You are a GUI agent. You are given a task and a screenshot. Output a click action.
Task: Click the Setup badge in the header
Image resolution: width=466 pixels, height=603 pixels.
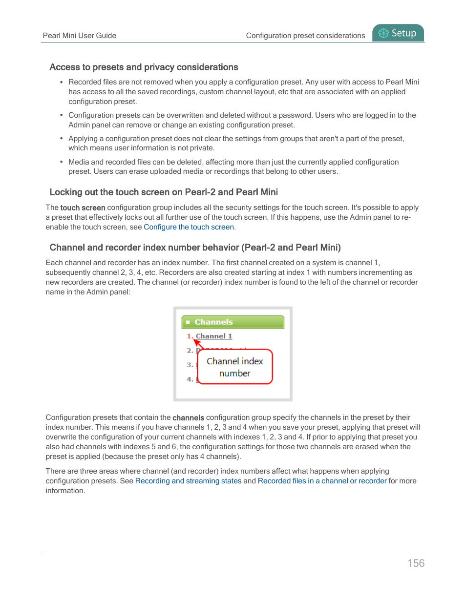click(398, 33)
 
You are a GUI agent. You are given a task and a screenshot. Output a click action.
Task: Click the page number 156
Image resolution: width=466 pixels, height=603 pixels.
click(416, 563)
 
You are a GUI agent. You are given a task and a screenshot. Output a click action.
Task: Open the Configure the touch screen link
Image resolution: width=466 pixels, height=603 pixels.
click(189, 227)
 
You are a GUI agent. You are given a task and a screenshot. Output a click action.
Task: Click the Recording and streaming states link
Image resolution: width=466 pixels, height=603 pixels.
click(188, 481)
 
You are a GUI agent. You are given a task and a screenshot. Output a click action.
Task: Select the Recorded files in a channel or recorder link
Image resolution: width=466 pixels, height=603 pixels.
click(322, 481)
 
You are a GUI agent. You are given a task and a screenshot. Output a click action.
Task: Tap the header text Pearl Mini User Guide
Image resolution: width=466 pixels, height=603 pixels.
click(79, 36)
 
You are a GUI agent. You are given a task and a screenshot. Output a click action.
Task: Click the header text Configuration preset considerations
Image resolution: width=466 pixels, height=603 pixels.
click(305, 36)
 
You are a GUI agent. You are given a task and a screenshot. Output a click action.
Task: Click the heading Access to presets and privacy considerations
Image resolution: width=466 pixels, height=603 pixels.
click(144, 67)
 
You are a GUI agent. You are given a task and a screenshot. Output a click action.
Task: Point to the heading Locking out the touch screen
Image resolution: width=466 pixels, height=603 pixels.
click(164, 192)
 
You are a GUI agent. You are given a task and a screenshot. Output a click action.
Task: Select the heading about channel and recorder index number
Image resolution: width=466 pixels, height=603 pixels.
click(195, 248)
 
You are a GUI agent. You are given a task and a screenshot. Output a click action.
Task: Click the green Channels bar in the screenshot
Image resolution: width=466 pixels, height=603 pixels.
click(233, 322)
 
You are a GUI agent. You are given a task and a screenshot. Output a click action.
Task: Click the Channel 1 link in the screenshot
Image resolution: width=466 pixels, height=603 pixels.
click(214, 336)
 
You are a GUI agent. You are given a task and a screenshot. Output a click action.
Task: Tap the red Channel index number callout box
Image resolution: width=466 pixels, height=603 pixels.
click(234, 367)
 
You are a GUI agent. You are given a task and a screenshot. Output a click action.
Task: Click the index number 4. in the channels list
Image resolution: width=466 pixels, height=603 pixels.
click(190, 379)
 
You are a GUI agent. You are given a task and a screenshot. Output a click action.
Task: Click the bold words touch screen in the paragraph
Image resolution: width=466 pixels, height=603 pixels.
click(83, 208)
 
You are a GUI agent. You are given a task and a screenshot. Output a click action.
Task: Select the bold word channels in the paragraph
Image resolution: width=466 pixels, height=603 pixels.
click(188, 418)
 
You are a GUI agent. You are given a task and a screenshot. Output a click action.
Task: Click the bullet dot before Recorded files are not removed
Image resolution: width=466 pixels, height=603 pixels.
click(62, 83)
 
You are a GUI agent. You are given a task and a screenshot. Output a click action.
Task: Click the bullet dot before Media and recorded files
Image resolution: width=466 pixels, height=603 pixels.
click(62, 162)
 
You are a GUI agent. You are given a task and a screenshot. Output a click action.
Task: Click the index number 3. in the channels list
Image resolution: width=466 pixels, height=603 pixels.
click(190, 365)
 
